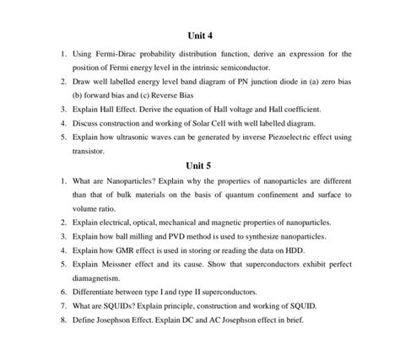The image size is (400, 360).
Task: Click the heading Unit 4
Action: pos(199,36)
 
